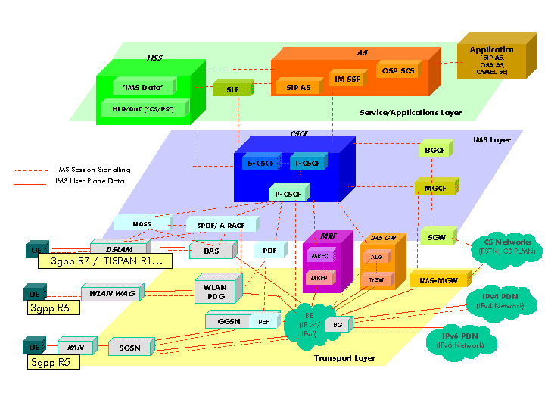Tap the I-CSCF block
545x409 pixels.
(306, 162)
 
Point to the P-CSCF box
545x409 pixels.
(288, 195)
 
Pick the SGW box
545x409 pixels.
(436, 237)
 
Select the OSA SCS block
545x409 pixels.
(398, 71)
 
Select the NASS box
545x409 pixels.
(142, 224)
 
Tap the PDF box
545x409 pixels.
(269, 250)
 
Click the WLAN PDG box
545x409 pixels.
(216, 292)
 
